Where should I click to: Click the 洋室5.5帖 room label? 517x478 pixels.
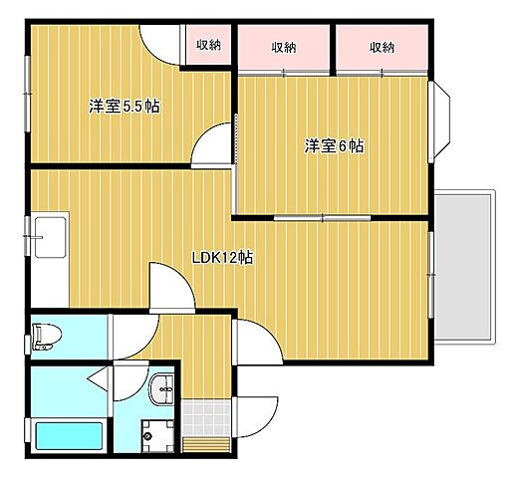coord(124,107)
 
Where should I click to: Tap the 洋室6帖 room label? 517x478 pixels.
coord(335,146)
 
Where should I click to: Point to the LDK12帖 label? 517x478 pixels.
coord(221,256)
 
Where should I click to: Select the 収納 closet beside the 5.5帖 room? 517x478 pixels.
coord(208,44)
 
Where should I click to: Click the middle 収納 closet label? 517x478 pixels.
coord(283,47)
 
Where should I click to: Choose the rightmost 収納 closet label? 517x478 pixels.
coord(382,47)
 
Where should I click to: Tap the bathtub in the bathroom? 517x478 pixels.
coord(69,436)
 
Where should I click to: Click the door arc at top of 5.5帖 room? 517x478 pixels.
coord(159,44)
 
